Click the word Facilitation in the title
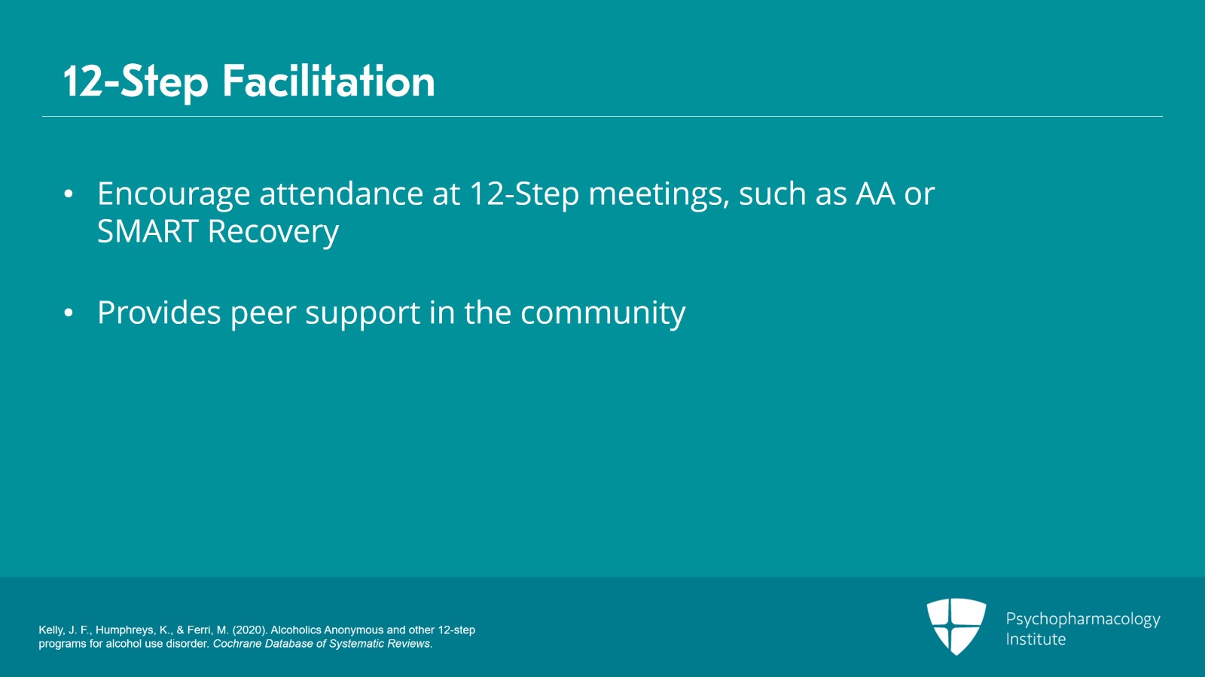click(328, 81)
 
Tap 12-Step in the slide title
click(136, 81)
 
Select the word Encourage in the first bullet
click(173, 194)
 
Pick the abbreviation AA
click(875, 194)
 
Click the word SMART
click(148, 232)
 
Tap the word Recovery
click(273, 232)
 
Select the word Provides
click(159, 313)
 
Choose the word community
click(602, 313)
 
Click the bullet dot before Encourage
click(69, 194)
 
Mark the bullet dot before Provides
click(69, 313)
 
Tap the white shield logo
click(956, 626)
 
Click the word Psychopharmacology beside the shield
click(1082, 619)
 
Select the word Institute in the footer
click(1036, 639)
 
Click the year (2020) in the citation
click(249, 630)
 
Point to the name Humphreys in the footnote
click(125, 630)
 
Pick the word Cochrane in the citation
click(236, 644)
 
